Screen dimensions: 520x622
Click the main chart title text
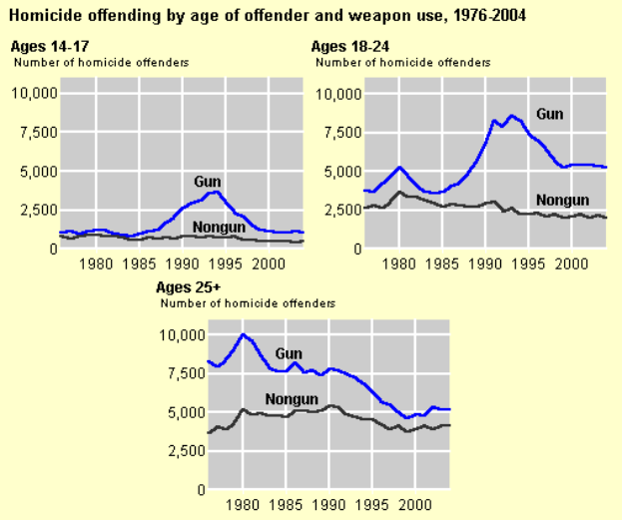(268, 16)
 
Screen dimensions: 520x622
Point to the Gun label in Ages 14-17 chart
(207, 180)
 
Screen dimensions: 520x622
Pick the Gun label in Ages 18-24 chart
(550, 114)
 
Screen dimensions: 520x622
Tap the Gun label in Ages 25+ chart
(289, 353)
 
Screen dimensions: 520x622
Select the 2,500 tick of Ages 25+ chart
(181, 451)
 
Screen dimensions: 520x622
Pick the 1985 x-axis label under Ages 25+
(286, 506)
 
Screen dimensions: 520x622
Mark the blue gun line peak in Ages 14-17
(217, 191)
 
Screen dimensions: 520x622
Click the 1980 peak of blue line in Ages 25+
(243, 334)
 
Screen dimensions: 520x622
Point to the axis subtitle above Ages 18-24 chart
(403, 62)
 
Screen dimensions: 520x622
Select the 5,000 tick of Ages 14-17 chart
(38, 171)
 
